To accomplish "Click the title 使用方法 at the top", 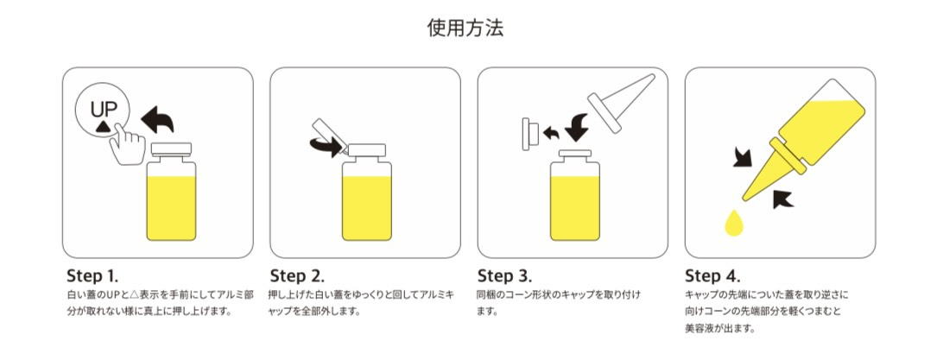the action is click(x=465, y=28).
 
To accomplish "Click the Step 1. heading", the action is click(x=92, y=276).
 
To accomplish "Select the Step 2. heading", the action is click(x=297, y=276).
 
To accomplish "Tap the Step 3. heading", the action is click(x=504, y=276).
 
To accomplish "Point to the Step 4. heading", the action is click(x=712, y=276).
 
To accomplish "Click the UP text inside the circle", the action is click(x=104, y=110).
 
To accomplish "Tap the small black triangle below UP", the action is click(x=102, y=125).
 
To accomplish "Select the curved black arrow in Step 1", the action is click(x=157, y=120).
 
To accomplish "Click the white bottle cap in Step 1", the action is click(x=171, y=149).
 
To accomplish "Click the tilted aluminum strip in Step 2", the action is click(x=328, y=136).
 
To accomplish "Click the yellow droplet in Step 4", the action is click(x=733, y=224).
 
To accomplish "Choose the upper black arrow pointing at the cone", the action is click(x=742, y=158).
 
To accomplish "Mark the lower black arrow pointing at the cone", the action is click(x=782, y=199).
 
